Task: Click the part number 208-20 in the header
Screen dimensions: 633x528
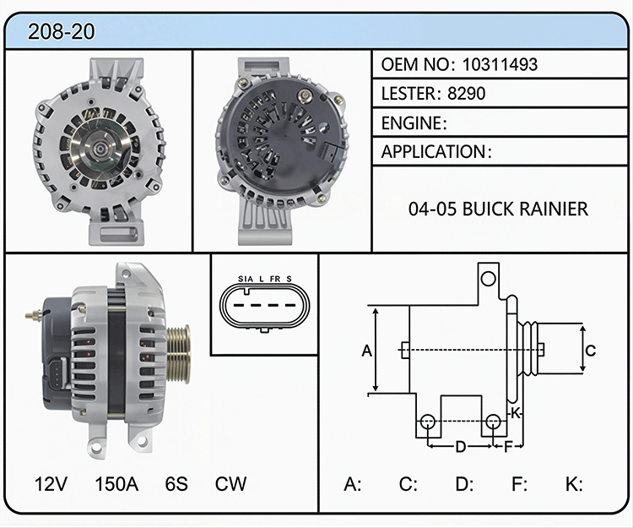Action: pos(62,31)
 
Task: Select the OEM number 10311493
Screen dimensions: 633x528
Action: pos(500,65)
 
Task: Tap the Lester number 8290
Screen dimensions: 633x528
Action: pos(466,93)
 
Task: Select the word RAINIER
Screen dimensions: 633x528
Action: pos(553,209)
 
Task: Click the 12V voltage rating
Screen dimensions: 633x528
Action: pos(51,483)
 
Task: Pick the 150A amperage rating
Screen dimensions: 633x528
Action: pos(116,483)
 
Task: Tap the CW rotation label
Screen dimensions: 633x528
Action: pos(230,483)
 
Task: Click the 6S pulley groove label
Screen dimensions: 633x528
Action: pos(176,483)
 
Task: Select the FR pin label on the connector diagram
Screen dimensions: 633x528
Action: pos(275,279)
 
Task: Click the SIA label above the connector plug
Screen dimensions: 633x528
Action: pos(246,279)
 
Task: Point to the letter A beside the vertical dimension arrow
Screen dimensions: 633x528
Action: pos(366,351)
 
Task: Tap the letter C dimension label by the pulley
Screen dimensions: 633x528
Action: pos(590,351)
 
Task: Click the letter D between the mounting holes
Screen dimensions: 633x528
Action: pos(461,447)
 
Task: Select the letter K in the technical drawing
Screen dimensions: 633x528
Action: pos(515,413)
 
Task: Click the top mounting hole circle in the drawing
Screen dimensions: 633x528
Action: pos(489,279)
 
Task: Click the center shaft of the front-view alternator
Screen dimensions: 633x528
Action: pos(98,149)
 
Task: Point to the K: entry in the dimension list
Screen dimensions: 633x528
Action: pos(574,483)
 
